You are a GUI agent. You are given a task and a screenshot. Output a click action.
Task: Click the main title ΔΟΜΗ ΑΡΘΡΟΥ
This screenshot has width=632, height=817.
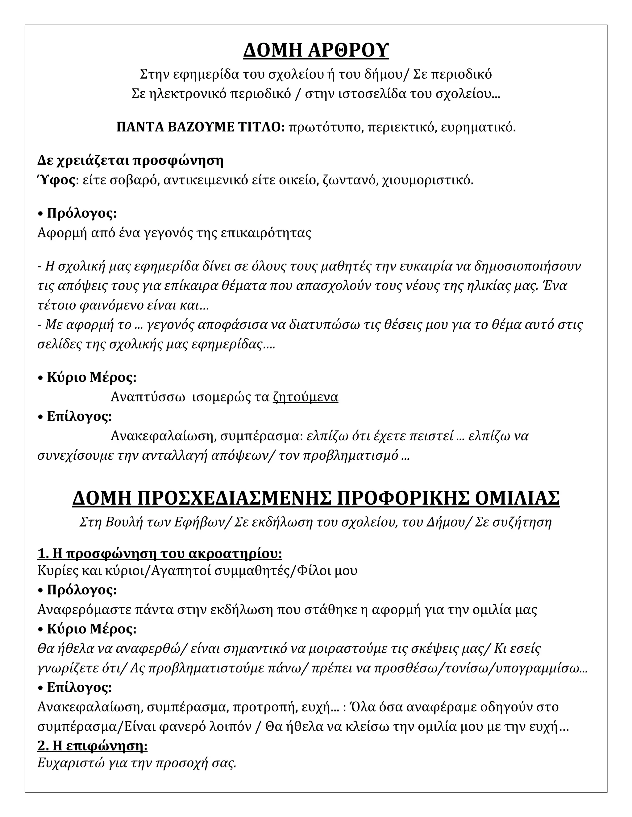tap(316, 51)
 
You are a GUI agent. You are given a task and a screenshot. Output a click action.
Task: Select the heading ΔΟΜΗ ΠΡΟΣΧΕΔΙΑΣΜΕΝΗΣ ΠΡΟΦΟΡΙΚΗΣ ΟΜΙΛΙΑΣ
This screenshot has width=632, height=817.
tap(316, 498)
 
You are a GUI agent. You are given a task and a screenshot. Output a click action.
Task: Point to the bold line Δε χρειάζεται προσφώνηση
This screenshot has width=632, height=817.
tap(130, 161)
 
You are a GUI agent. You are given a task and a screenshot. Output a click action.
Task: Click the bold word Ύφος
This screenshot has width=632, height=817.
tap(56, 180)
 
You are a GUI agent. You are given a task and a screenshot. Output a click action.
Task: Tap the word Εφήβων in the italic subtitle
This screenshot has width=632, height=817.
tap(198, 522)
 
